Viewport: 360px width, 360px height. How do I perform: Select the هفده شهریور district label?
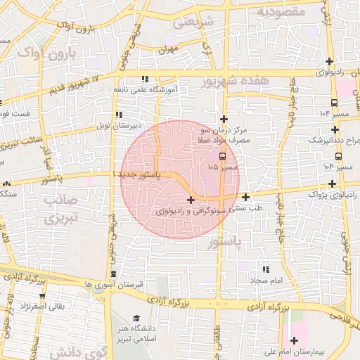point(235,82)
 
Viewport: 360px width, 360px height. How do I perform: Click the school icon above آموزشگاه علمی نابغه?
point(145,79)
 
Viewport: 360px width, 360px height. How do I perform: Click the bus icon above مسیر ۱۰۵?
point(223,157)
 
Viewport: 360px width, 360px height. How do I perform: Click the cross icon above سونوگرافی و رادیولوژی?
point(191,200)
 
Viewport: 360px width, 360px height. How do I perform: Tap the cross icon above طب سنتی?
point(245,197)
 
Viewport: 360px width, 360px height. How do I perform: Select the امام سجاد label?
point(265,280)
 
